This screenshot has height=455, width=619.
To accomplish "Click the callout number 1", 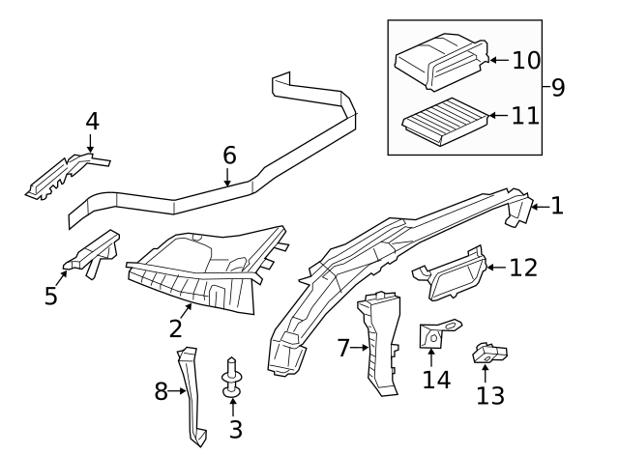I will (x=557, y=205).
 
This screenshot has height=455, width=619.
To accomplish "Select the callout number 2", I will (x=175, y=327).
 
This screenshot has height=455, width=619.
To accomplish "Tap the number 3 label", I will (x=233, y=428).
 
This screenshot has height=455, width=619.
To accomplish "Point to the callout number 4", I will (x=92, y=122).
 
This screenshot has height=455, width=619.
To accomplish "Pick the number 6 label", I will (x=228, y=155).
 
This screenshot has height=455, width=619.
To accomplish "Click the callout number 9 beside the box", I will (x=558, y=88).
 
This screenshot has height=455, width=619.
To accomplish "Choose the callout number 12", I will (x=522, y=268).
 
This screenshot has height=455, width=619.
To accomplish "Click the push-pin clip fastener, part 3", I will (x=231, y=377).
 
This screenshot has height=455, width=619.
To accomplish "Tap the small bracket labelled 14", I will (x=432, y=335).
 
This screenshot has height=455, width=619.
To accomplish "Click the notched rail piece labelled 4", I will (x=64, y=174).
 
